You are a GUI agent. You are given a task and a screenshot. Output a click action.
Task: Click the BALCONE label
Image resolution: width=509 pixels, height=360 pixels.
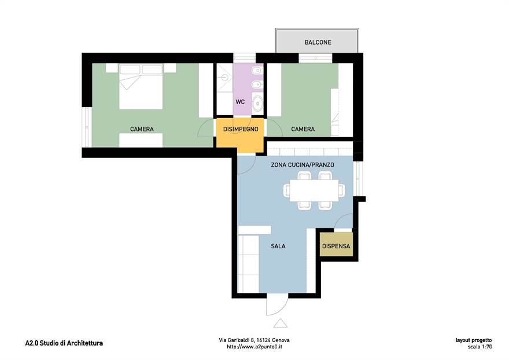pos(318,42)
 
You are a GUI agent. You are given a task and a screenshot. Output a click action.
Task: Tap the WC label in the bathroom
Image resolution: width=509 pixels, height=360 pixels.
pos(240,102)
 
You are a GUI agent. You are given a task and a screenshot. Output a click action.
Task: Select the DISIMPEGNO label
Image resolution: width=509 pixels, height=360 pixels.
pos(241,129)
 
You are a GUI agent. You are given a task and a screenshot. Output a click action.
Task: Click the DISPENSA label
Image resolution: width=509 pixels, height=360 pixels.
pos(336,246)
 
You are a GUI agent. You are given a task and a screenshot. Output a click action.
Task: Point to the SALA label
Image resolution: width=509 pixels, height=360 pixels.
pos(278,247)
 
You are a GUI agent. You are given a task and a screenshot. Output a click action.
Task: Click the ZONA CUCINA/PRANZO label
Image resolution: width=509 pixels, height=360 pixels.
pos(303,165)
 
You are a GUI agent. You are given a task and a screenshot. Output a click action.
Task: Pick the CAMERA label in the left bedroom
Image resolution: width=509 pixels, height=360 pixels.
pos(142,129)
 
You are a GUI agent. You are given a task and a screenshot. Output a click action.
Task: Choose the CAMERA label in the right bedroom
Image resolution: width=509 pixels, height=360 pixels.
pos(303,129)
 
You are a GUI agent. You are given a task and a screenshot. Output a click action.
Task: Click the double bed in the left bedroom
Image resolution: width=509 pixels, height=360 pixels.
pos(141,86)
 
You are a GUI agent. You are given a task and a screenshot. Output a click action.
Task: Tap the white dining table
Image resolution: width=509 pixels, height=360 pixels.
pos(314,190)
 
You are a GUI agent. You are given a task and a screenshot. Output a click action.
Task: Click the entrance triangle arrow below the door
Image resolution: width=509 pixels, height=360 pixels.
pos(281,324)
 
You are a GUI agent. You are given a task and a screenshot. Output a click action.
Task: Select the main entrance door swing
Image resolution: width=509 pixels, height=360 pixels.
pos(277,306)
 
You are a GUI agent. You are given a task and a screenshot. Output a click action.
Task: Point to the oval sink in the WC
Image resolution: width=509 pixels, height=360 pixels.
pos(257,102)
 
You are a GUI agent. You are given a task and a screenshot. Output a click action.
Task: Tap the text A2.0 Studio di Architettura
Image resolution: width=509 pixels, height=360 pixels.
pos(64,343)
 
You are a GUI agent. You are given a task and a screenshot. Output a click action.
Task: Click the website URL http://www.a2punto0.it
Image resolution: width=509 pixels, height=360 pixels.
pos(254,347)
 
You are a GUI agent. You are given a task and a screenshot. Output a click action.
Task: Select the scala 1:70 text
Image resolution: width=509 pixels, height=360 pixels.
pos(480,347)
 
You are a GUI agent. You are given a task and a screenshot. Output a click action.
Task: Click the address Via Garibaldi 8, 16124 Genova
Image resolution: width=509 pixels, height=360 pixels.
pos(254,340)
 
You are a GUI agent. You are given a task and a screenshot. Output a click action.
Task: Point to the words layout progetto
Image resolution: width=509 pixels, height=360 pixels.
pos(474,340)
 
